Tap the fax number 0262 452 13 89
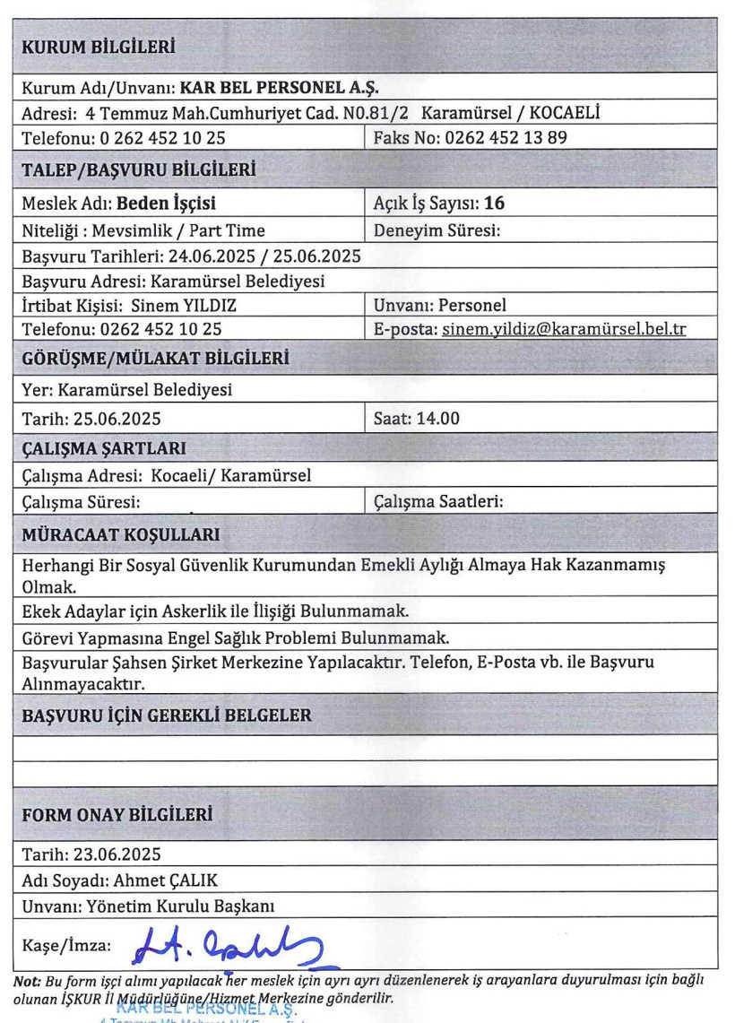point(502,137)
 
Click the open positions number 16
point(494,204)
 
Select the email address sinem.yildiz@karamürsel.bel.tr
point(565,329)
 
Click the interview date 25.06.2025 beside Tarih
point(111,417)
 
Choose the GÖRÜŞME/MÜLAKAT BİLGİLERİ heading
point(154,360)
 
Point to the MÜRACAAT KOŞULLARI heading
point(121,535)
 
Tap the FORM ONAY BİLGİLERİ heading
point(117,815)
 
